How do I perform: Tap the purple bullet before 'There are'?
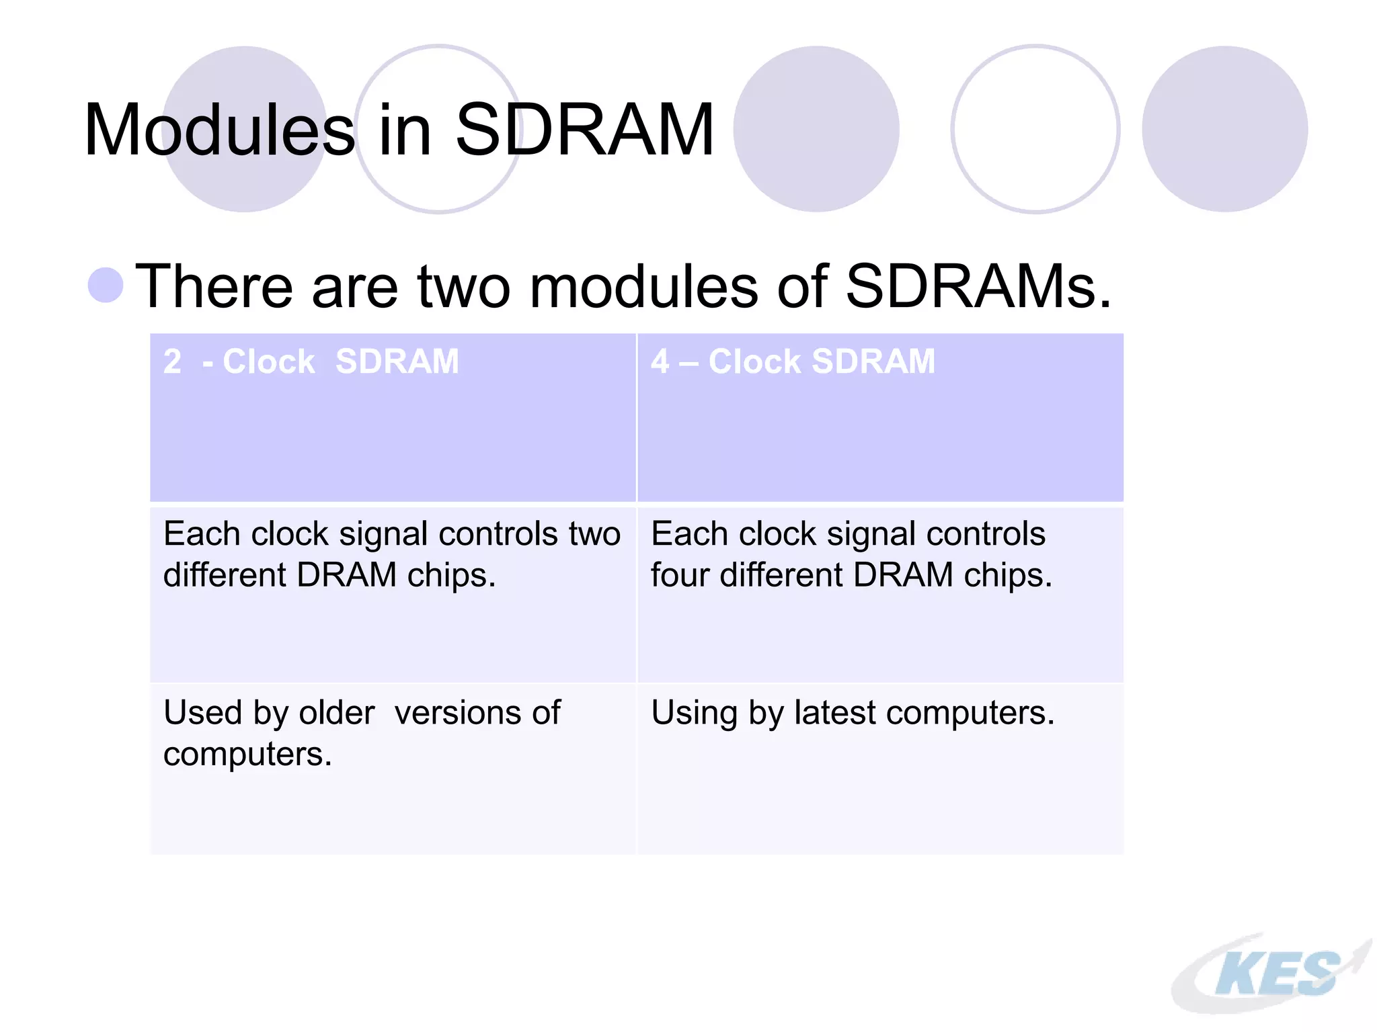tap(106, 285)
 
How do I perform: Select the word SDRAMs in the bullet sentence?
tap(978, 287)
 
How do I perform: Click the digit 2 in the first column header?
tap(172, 362)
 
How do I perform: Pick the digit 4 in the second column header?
tap(660, 362)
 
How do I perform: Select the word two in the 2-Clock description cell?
tap(594, 535)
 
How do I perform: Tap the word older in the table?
tap(336, 713)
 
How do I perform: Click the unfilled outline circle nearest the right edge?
tap(1035, 129)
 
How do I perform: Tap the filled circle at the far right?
tap(1224, 129)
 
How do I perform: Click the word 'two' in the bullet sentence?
tap(463, 287)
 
